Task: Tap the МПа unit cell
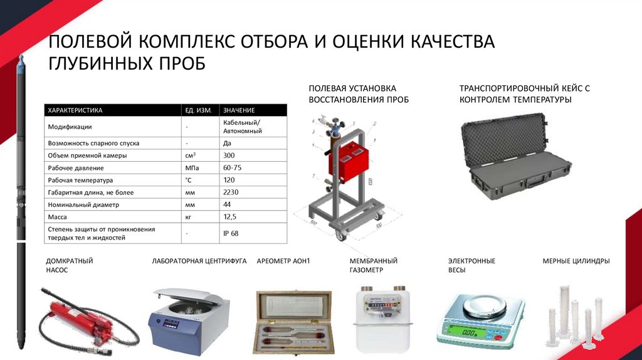pos(192,168)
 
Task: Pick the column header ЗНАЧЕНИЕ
pos(239,110)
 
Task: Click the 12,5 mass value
pos(229,217)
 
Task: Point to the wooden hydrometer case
pos(293,322)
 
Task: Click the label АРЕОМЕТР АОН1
pos(283,261)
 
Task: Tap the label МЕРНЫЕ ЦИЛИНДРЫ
pos(576,261)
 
